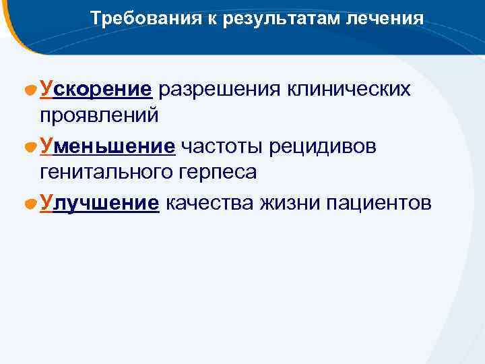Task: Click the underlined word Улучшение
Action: pos(100,203)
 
